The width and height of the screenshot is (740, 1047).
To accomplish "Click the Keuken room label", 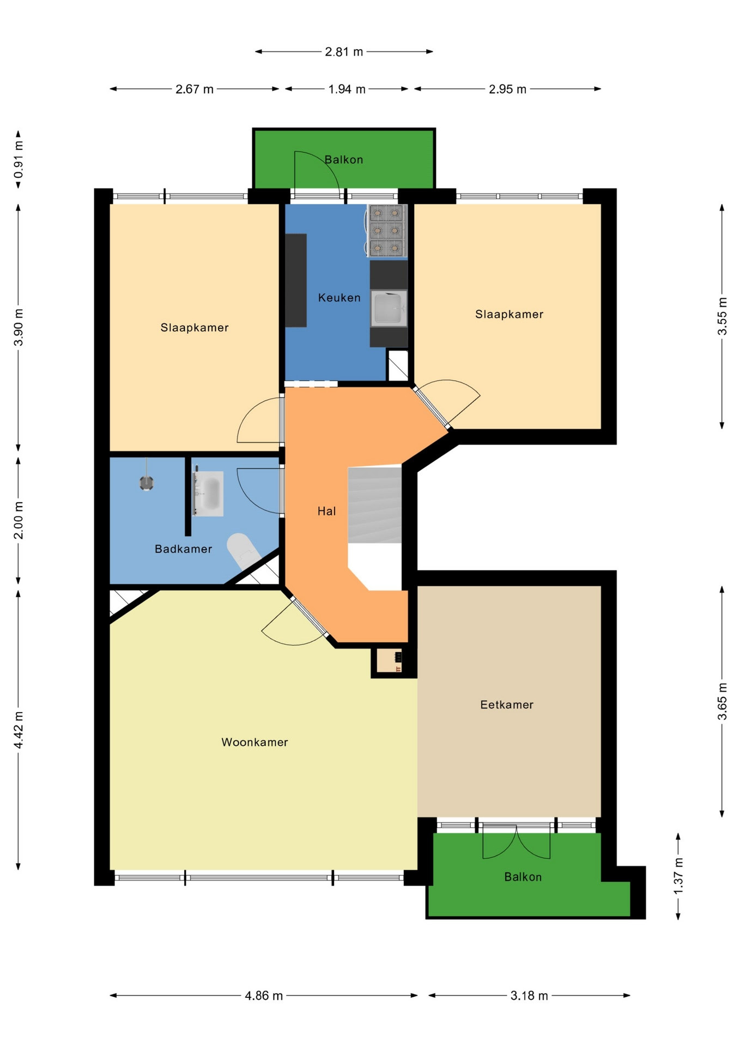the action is [339, 298].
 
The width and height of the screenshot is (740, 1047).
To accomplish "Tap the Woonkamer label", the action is [254, 742].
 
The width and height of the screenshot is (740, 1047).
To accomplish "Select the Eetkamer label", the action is [507, 705].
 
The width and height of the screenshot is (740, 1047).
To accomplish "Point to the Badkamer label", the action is [183, 549].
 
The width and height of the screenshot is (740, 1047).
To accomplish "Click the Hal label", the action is [326, 511].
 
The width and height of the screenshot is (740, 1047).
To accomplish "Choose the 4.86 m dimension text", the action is [264, 996].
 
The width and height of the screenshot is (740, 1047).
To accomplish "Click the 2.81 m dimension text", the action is [344, 52].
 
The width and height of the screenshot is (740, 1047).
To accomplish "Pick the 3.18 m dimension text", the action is [529, 996].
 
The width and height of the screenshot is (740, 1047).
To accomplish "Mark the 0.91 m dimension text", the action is [19, 160].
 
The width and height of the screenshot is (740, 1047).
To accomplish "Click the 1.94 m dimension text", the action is [347, 89].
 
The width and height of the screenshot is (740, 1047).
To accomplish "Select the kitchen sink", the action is [389, 309].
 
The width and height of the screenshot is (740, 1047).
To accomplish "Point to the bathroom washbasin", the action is [209, 494].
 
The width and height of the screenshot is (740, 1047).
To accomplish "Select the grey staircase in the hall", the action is [375, 504].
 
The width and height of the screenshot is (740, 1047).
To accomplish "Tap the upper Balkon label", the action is [343, 160].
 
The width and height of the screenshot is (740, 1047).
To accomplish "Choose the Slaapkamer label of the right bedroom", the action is [509, 314].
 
